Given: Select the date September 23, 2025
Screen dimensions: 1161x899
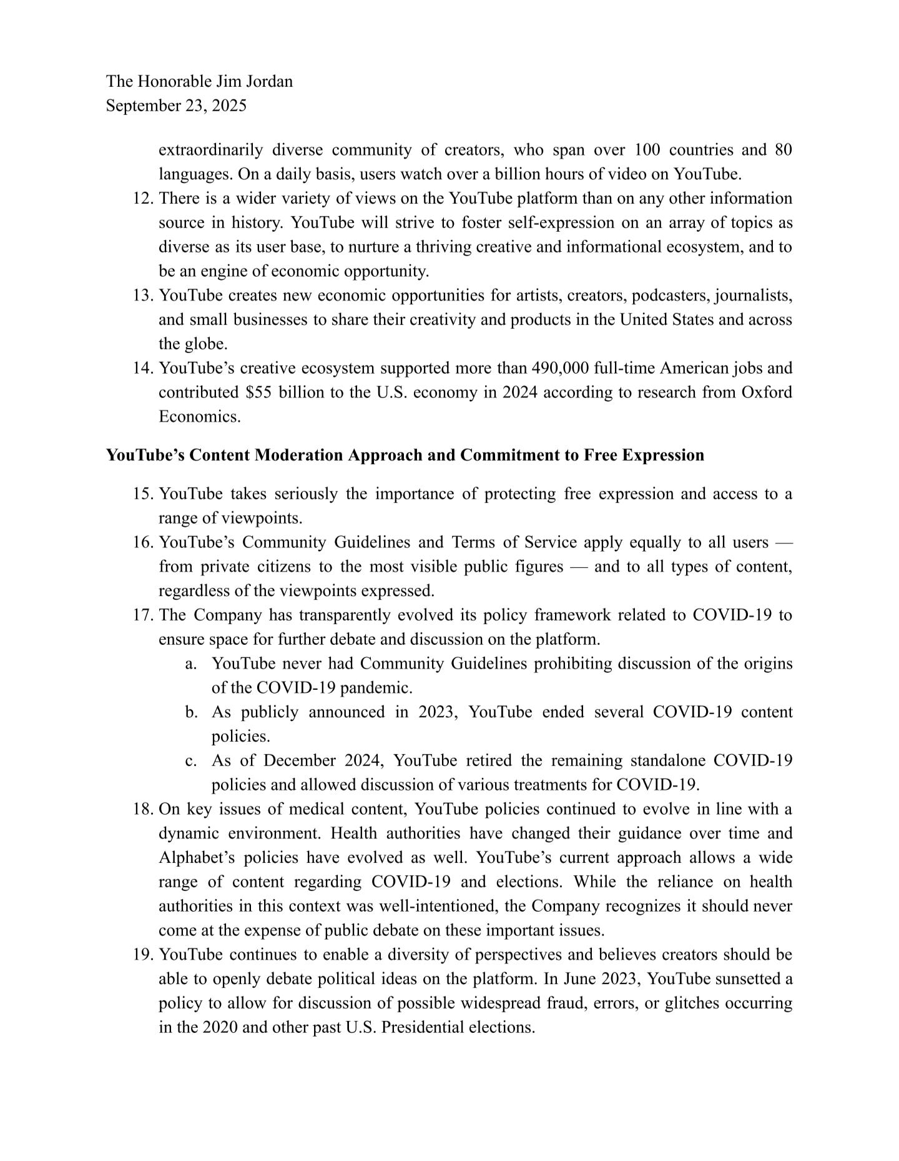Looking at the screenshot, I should click(176, 106).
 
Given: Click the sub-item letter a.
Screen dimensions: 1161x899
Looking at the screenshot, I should click(189, 664).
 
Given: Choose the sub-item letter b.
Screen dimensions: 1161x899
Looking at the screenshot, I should click(189, 712).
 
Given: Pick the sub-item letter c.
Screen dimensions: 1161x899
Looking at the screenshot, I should click(189, 761).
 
